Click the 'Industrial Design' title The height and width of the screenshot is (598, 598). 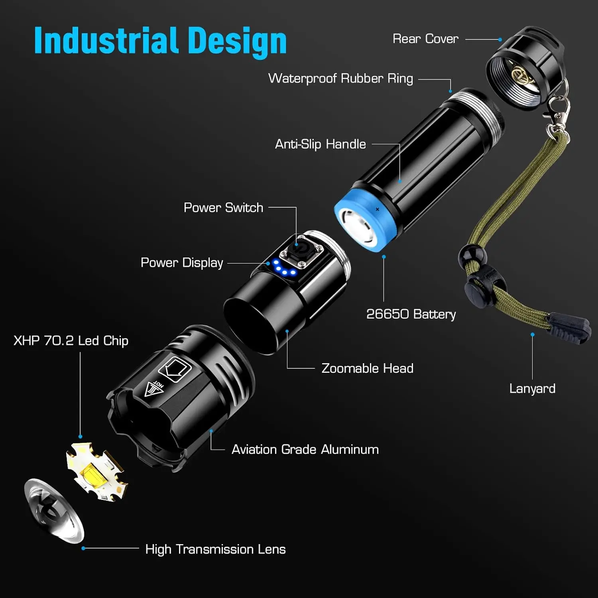[x=160, y=41]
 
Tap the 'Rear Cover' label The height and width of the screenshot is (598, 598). [x=425, y=39]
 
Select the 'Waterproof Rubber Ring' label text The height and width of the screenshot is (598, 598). [x=340, y=78]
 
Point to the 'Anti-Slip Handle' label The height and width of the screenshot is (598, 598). [x=320, y=144]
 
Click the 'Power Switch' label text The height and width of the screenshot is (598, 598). [x=223, y=208]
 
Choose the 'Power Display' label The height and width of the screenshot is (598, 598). [x=182, y=263]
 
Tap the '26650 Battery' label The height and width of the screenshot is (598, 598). [x=411, y=314]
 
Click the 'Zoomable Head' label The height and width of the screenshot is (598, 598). [x=367, y=368]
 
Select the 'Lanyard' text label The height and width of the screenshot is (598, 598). [x=532, y=389]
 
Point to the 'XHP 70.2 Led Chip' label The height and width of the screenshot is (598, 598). [x=71, y=341]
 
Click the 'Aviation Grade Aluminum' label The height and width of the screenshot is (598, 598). [x=305, y=450]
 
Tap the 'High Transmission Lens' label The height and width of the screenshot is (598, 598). [x=215, y=549]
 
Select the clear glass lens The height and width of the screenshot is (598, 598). [x=54, y=510]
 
